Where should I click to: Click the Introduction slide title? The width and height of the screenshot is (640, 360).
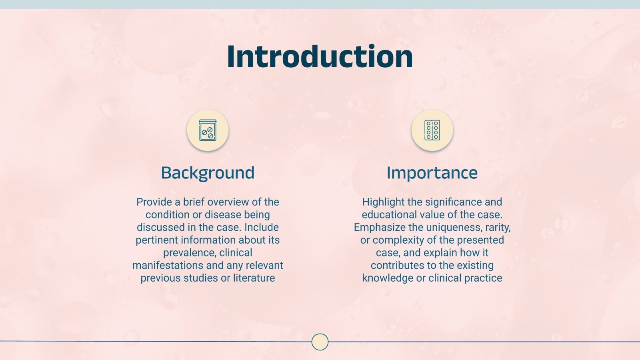[x=320, y=57]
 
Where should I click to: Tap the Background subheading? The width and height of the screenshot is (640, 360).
[x=208, y=173]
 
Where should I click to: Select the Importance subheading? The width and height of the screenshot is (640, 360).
[x=432, y=173]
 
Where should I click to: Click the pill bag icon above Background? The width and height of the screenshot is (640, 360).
[x=208, y=130]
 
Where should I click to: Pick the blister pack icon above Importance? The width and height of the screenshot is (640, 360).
[x=432, y=130]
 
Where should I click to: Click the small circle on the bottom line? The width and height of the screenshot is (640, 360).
[x=320, y=342]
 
